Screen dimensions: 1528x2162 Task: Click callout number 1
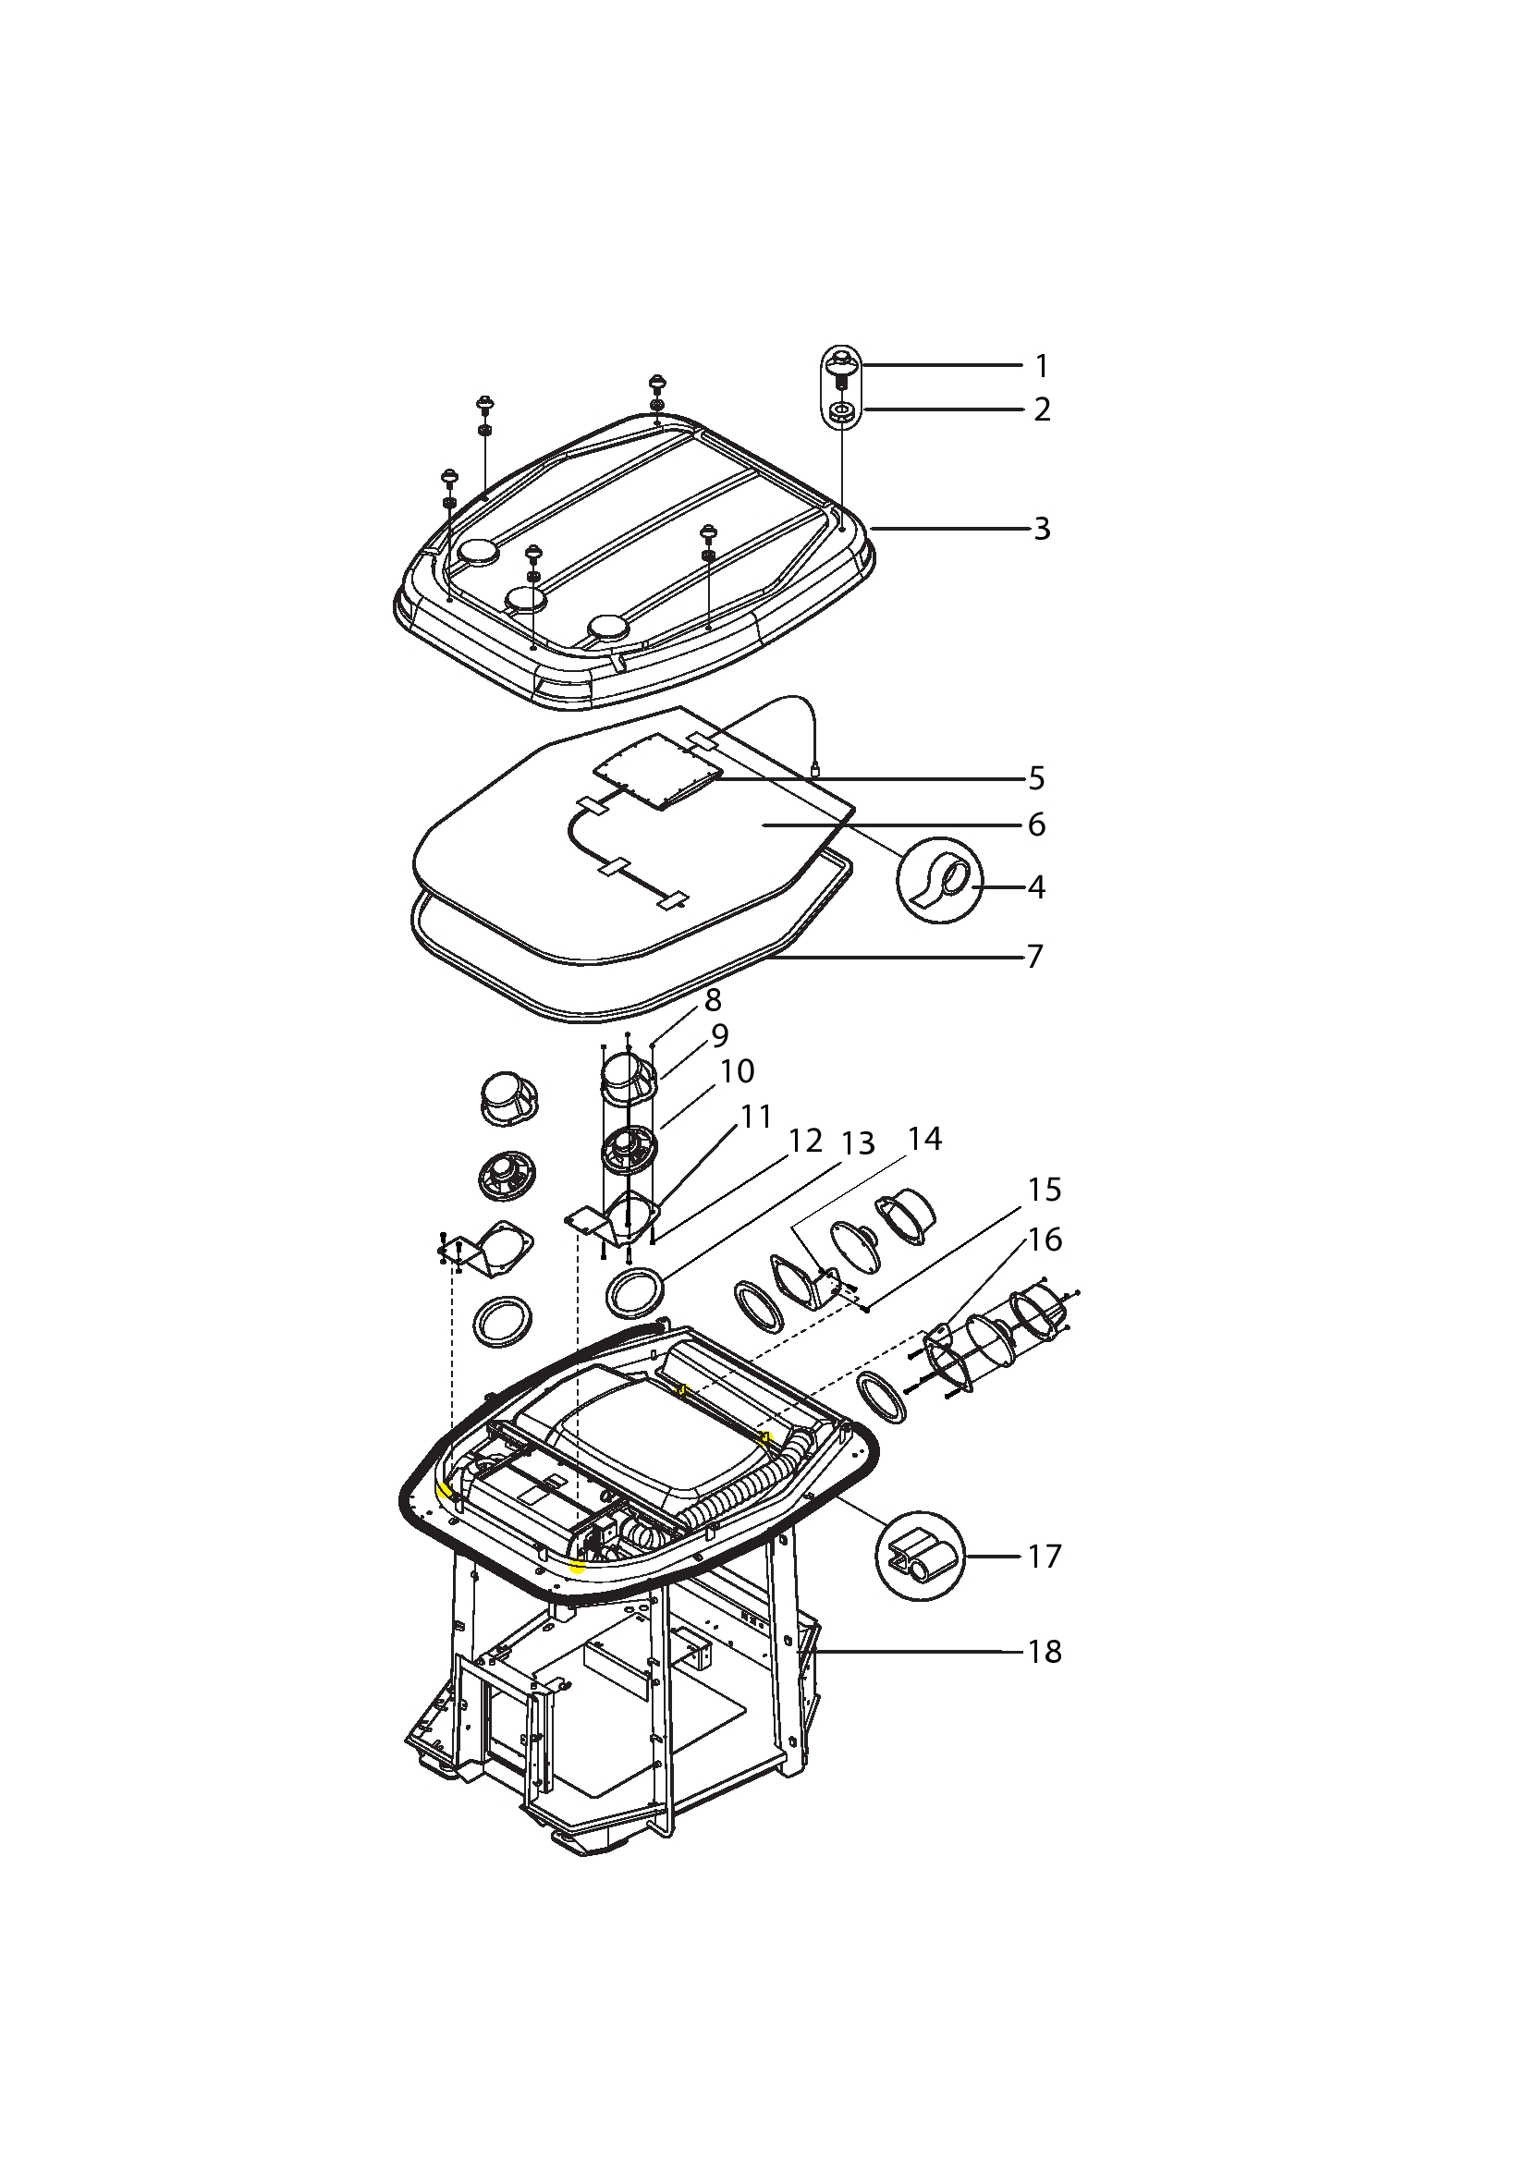1041,365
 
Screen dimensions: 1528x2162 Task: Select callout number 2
1042,409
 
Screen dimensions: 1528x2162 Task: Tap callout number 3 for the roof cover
1042,530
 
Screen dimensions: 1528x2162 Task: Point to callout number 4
1036,887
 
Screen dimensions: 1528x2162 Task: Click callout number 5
1036,778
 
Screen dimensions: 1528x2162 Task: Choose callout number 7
1035,957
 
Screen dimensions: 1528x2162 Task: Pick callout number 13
858,1143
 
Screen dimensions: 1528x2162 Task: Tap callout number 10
737,1070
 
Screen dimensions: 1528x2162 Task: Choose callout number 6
1036,824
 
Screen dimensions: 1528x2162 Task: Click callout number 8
713,1000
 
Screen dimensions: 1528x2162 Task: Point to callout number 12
805,1141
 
